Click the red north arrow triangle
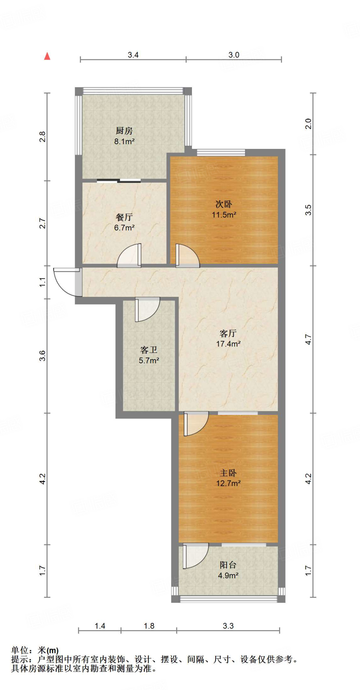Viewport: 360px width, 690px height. point(47,56)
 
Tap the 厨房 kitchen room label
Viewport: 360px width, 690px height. point(124,131)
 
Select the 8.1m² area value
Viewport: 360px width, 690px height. point(124,142)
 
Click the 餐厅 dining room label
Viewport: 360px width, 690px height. point(124,217)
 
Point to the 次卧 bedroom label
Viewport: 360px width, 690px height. point(224,204)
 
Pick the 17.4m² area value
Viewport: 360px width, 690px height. point(228,344)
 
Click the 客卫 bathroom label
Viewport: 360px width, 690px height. point(149,350)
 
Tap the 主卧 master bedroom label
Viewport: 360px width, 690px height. point(228,473)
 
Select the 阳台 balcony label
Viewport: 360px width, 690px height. point(228,565)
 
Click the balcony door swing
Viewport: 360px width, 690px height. point(195,556)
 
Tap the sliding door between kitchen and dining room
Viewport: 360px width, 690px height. point(119,181)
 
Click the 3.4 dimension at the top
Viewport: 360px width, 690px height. point(133,55)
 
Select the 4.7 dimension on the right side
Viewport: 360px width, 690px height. point(308,339)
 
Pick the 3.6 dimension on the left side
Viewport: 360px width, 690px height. point(42,356)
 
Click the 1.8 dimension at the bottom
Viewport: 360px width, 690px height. point(149,626)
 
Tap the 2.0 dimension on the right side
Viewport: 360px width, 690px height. point(308,124)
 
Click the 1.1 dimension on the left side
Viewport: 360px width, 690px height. point(42,282)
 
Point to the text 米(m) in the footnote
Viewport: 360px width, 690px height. point(48,650)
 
